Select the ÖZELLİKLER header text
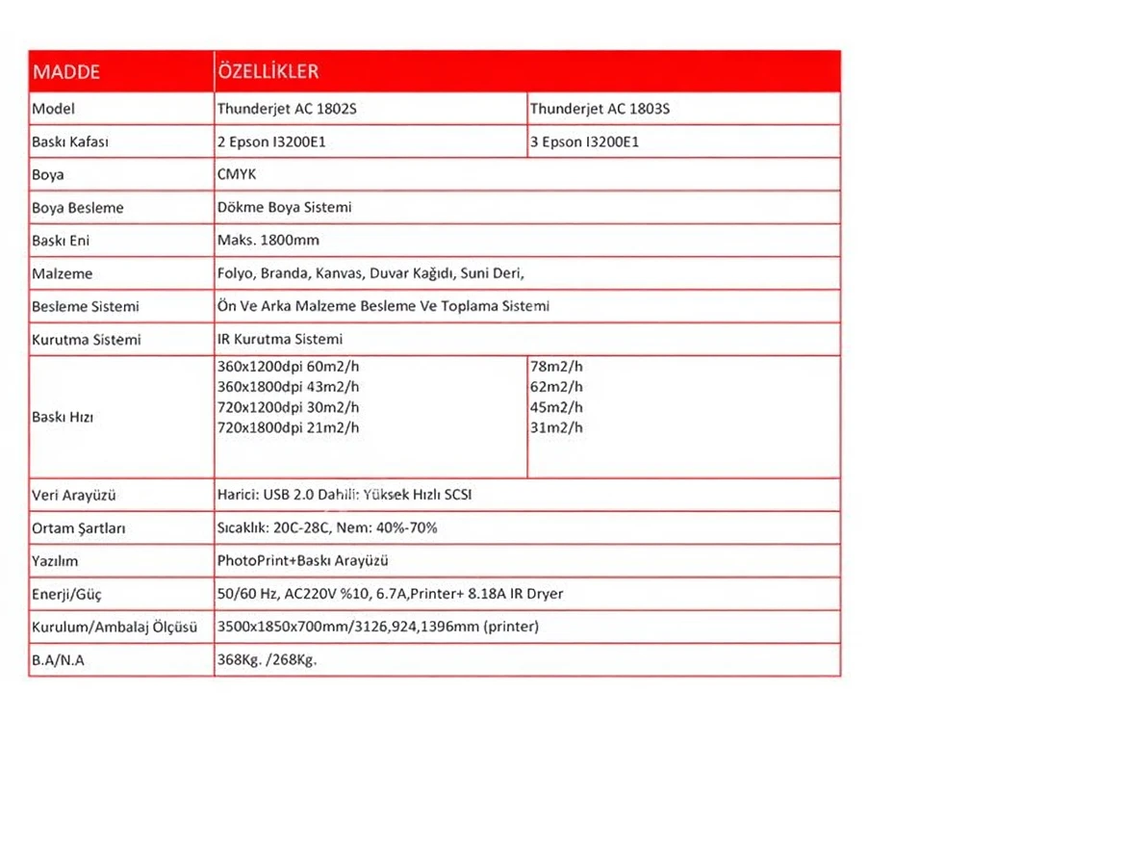pos(268,71)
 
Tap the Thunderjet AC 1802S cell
pos(287,109)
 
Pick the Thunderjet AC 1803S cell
pos(600,109)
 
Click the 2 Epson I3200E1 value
pos(277,141)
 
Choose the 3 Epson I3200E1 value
pos(584,141)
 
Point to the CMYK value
pos(237,174)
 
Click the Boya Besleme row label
pos(78,208)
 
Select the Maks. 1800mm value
pos(268,241)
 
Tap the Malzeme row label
pos(63,273)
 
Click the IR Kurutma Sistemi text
pos(280,339)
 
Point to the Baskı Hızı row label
pos(63,418)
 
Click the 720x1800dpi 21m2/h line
pos(289,428)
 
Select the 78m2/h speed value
pos(557,367)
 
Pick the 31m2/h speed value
pos(557,428)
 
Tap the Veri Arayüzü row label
pos(74,496)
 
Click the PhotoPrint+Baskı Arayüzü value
pos(303,560)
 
